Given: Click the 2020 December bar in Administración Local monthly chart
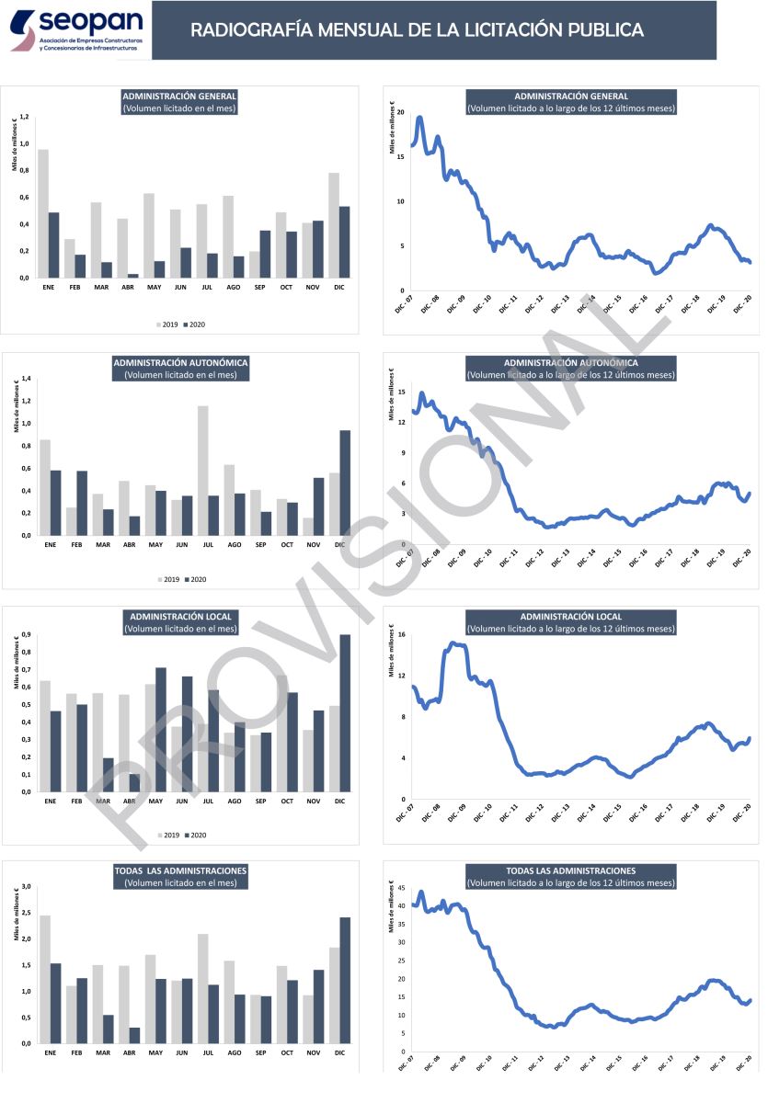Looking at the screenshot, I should [345, 712].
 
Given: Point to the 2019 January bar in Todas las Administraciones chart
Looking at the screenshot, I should [44, 979].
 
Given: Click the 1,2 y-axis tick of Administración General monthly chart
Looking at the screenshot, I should [25, 117].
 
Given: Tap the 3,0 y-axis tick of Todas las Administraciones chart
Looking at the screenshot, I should [26, 887].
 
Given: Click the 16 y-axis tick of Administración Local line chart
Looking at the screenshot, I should [402, 635].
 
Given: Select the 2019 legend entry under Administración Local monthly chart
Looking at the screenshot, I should [167, 836].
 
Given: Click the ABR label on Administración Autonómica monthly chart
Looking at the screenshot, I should [129, 544].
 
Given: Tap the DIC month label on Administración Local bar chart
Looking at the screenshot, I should [339, 801].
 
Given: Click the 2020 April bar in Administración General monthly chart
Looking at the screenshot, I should [134, 276].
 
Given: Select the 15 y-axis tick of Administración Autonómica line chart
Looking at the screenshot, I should [402, 391].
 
